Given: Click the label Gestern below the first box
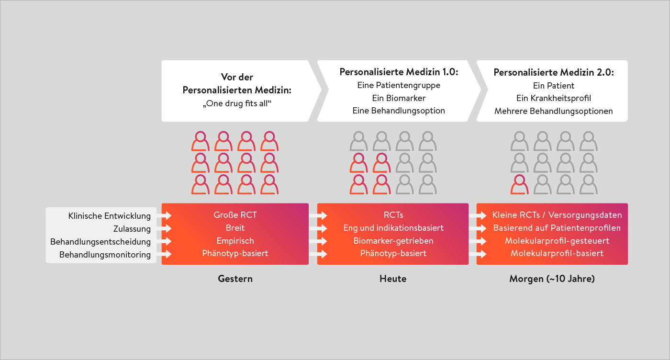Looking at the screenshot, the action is pos(235,279).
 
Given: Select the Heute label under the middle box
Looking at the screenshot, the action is pos(393,279).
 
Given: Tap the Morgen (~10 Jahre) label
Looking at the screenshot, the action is pos(552,279).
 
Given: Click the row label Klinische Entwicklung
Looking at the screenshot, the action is pos(110,216).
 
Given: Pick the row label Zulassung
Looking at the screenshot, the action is pos(132,229).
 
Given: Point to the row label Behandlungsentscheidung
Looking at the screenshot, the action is pos(100,242).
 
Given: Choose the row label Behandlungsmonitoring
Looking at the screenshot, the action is pos(105,255).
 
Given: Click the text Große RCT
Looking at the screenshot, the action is pos(235,215).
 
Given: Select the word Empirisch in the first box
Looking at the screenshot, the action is pos(235,241).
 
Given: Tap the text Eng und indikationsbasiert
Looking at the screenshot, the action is pos(393,228).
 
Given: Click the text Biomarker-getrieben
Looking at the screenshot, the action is pos(393,241).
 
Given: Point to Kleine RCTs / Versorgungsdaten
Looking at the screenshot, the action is pos(557,215).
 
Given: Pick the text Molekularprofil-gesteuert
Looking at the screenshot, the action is pos(557,241).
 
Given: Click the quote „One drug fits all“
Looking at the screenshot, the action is pos(237,103).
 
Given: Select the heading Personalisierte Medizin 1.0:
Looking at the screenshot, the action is pos(399,72).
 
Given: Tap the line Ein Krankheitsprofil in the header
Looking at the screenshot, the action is pos(553,98).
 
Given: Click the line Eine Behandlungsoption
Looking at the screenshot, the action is pos(399,111).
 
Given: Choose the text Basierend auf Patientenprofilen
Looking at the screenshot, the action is pos(557,228).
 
